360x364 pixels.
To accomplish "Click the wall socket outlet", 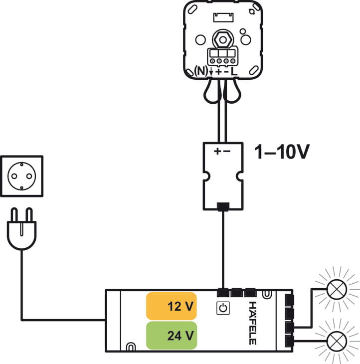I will coord(22,177).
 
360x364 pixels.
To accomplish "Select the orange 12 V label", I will coord(171,306).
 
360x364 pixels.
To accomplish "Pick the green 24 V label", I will coord(171,336).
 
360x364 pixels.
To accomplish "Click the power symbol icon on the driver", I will coord(223,308).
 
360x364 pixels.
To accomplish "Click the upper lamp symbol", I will coord(337,289).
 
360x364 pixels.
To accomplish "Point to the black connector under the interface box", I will coord(223,206).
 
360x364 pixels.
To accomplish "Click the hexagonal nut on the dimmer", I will coord(221,37).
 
